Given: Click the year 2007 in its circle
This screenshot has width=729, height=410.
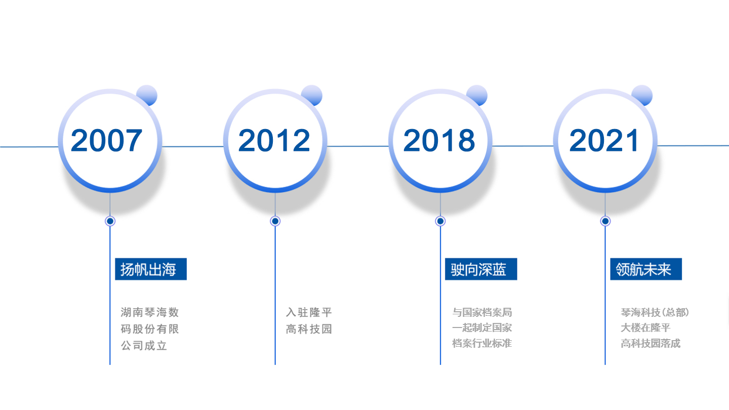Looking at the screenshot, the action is coord(106,140).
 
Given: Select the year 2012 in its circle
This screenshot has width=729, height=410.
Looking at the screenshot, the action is coord(274,140).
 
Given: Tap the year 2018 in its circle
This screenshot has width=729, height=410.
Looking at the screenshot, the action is coord(439,140).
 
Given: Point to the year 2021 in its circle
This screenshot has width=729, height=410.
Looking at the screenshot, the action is coord(604,140).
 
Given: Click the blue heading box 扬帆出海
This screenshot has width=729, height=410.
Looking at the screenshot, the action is coord(151,269).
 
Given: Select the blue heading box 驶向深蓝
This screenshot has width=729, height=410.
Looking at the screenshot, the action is coord(481,269).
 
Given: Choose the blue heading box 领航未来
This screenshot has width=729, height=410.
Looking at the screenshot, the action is coord(646,269).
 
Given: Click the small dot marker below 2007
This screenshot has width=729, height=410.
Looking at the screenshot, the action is coord(110,221).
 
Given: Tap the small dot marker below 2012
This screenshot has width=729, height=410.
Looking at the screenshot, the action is coord(275,221).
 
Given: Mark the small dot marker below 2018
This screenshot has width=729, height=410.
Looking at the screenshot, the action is coord(440,221).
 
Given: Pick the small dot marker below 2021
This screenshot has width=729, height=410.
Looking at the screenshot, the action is coord(605,221).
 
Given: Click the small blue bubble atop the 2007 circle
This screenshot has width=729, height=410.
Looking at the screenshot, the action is coord(147,95).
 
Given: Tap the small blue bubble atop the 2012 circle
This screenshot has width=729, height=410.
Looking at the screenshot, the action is coord(312,95).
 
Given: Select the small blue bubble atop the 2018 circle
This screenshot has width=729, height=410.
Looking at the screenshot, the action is coord(477,95).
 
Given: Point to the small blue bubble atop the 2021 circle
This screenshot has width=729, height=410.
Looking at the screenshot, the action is coord(642,95).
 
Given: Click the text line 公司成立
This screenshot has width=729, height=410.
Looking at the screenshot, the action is coord(144,346).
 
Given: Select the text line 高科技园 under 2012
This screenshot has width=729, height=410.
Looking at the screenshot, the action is coord(309,329).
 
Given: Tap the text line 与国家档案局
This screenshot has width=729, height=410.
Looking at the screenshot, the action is coord(482,312).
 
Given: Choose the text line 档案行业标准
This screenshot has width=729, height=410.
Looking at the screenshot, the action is coord(482,343).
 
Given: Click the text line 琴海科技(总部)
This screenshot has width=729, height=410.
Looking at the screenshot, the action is coord(655,312).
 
